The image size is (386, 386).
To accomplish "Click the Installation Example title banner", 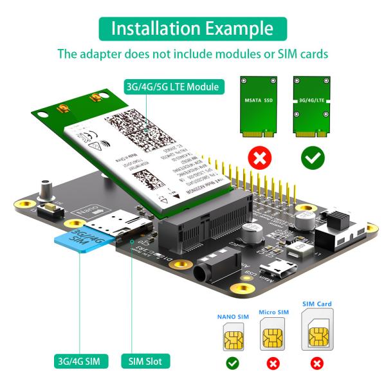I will pos(192,28).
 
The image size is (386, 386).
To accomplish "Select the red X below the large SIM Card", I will pos(317,364).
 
